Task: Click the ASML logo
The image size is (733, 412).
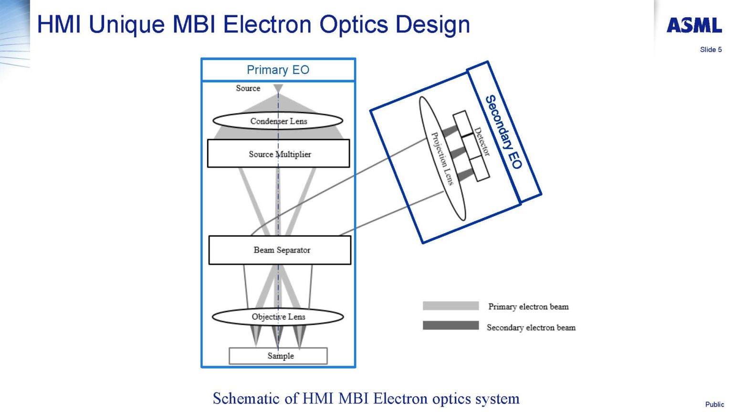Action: click(694, 25)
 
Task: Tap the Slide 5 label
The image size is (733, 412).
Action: click(711, 50)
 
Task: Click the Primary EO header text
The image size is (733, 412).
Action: click(278, 70)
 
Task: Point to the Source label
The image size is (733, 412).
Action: click(248, 88)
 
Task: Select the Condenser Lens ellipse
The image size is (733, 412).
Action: click(278, 121)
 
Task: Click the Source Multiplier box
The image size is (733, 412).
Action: click(278, 154)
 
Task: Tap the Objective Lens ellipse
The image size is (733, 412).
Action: click(278, 317)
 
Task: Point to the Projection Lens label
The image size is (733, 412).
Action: click(442, 158)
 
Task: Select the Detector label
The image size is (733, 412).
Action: click(482, 142)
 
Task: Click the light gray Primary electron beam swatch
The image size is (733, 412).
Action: click(450, 306)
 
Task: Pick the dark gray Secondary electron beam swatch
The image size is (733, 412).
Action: click(450, 325)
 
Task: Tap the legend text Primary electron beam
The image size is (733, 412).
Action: click(528, 307)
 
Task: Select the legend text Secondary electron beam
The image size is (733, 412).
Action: click(531, 328)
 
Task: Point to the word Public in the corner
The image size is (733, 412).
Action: click(714, 404)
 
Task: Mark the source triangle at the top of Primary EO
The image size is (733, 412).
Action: click(278, 89)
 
